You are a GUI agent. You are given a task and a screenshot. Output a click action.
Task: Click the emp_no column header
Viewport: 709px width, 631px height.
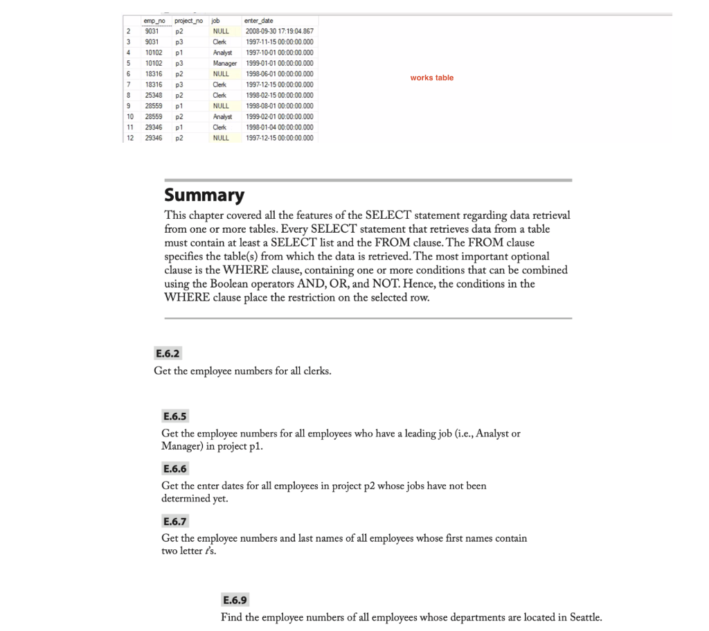pyautogui.click(x=147, y=22)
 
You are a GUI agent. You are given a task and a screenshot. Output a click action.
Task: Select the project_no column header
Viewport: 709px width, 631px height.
pyautogui.click(x=180, y=22)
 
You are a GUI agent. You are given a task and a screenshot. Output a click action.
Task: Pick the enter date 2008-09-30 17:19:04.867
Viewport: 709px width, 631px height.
pyautogui.click(x=278, y=31)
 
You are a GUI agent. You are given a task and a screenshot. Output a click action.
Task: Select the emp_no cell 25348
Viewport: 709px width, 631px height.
pyautogui.click(x=146, y=95)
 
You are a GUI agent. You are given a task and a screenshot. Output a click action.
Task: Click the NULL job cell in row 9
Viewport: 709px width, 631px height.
pyautogui.click(x=222, y=105)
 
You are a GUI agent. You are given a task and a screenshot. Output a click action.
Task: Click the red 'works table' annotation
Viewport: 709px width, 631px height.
pyautogui.click(x=431, y=78)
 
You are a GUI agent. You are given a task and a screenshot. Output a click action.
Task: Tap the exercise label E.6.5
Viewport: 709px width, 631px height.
pyautogui.click(x=175, y=417)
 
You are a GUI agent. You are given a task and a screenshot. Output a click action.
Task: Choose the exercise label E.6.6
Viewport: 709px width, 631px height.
pyautogui.click(x=175, y=469)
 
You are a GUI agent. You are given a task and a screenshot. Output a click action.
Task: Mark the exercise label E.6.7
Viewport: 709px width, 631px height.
pyautogui.click(x=175, y=521)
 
